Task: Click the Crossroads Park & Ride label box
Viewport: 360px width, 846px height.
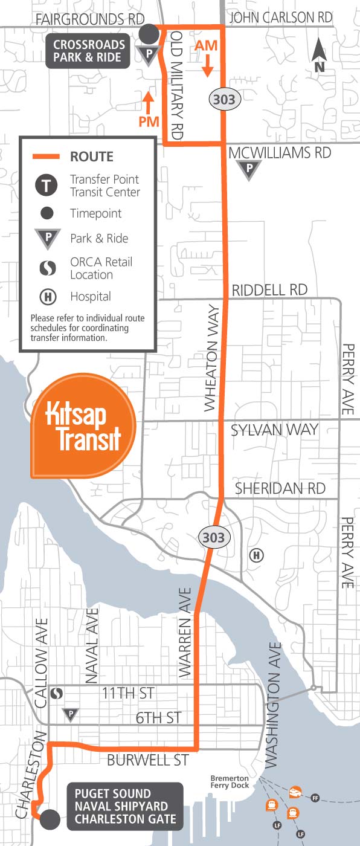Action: [89, 51]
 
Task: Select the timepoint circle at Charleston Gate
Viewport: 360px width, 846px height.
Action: [50, 819]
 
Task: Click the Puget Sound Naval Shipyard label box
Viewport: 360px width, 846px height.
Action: [125, 806]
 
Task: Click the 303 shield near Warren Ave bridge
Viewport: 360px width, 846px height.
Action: [213, 537]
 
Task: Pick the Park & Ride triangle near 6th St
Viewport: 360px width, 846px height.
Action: [71, 715]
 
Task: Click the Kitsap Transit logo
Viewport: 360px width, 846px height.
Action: [84, 427]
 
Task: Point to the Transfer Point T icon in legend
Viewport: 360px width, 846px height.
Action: [47, 186]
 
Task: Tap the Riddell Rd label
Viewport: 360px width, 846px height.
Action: [269, 290]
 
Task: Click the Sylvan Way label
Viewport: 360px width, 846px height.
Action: [274, 430]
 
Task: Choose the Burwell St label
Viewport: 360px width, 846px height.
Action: [147, 760]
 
